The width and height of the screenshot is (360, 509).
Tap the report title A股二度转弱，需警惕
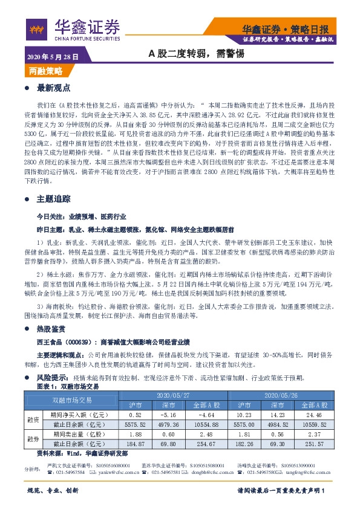point(196,53)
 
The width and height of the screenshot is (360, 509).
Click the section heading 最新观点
point(54,88)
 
